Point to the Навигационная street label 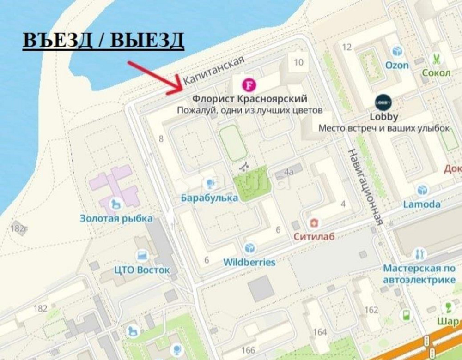coord(366,186)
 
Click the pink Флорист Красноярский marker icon coord(249,84)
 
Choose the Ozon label coord(397,65)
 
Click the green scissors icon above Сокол coord(435,59)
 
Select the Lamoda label coord(421,204)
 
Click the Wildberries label coord(249,262)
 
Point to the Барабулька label coord(209,198)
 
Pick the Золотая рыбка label coord(116,218)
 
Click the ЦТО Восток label coord(142,270)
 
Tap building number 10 coord(298,62)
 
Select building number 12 coord(347,47)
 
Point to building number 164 coord(320,332)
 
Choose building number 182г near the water coord(19,228)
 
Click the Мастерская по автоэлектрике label coord(419,274)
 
